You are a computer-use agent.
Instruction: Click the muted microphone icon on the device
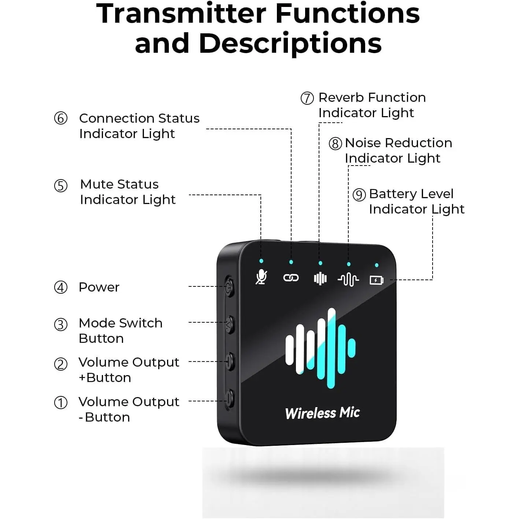(261, 277)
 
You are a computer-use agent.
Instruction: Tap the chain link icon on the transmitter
(291, 278)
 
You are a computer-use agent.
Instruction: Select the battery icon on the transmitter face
(377, 280)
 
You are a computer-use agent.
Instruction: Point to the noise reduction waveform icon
(348, 280)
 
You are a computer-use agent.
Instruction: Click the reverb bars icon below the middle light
(320, 278)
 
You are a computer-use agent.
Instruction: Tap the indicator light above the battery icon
(377, 265)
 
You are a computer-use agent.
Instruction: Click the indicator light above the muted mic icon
(261, 261)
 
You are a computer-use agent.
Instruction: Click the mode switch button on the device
(230, 325)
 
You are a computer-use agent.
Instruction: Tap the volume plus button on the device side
(230, 362)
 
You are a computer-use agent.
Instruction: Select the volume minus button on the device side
(230, 400)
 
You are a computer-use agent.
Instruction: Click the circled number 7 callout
(307, 98)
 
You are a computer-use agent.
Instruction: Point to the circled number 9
(359, 194)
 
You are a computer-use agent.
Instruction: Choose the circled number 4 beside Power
(60, 288)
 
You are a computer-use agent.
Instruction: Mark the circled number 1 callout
(60, 403)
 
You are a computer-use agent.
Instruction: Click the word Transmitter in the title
(181, 14)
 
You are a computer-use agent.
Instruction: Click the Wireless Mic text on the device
(322, 413)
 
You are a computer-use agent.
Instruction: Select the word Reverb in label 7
(341, 97)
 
